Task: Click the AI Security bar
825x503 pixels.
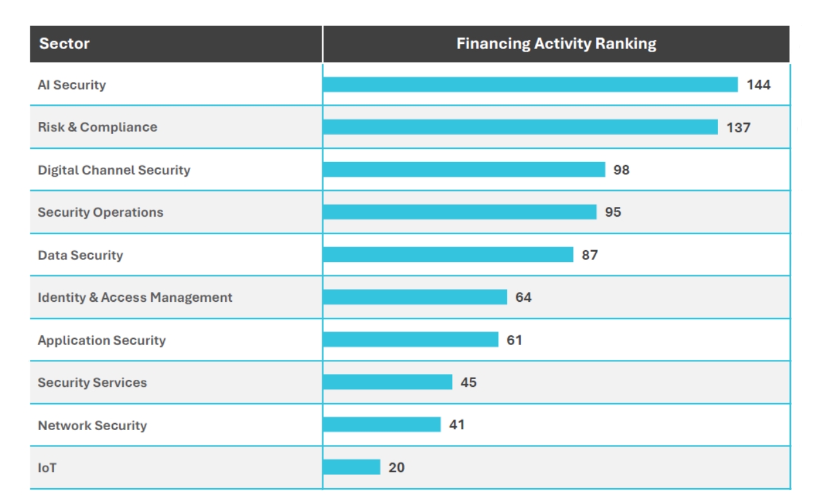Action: (530, 84)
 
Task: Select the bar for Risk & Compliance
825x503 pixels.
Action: (520, 127)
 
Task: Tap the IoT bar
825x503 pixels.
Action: (351, 467)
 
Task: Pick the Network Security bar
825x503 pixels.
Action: (382, 424)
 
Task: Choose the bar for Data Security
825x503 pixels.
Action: (448, 255)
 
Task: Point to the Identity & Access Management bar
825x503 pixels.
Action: (415, 297)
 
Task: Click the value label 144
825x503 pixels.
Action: (759, 84)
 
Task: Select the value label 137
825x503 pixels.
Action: (738, 128)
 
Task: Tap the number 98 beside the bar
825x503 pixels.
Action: (621, 170)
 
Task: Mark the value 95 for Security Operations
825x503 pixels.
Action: (613, 212)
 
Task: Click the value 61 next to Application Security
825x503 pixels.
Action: (514, 340)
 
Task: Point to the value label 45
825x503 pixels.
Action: (469, 382)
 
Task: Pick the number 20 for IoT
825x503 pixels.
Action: (396, 468)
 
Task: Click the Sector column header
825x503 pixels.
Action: (64, 44)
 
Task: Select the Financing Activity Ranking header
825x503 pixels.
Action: (556, 44)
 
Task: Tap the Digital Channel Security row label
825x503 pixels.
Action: (114, 170)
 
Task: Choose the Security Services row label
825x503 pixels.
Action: (92, 382)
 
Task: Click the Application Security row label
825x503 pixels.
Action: (102, 340)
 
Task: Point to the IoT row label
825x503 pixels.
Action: (47, 468)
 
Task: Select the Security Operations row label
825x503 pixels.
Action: (101, 212)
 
